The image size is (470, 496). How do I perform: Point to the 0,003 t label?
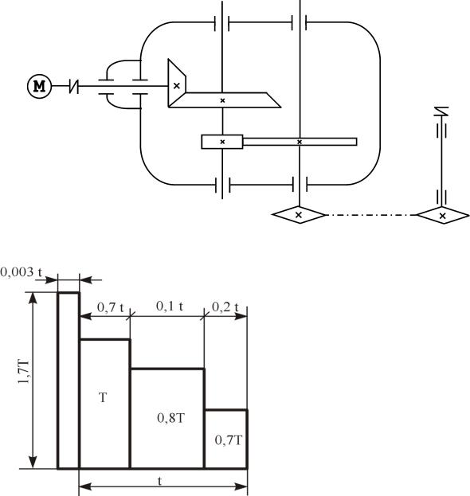(22, 272)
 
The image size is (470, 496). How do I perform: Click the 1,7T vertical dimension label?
(24, 371)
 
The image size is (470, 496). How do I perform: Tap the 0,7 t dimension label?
(110, 307)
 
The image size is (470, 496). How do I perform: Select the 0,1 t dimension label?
(170, 307)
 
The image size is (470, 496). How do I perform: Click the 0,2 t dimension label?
(225, 307)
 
